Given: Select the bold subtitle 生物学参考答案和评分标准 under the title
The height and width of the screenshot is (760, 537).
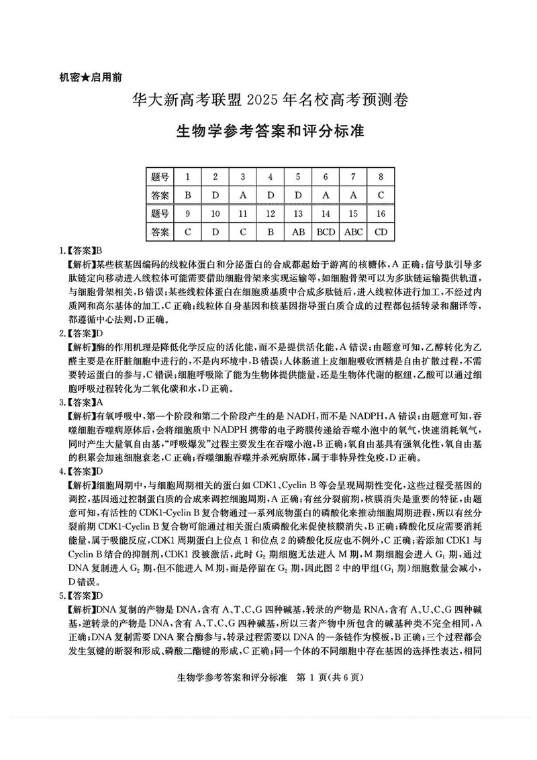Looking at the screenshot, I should point(268,130).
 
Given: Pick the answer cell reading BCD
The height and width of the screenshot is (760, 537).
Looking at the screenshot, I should point(326,232).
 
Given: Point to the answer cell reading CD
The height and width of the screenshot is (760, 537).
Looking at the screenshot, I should point(381,232).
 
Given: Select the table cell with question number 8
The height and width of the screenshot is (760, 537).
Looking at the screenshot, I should point(381,177).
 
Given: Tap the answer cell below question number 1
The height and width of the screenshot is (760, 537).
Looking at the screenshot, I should point(187,195).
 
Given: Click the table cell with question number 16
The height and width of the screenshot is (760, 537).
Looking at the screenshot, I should point(381,213).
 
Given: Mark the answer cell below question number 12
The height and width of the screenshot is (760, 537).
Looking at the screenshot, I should point(270,232).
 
